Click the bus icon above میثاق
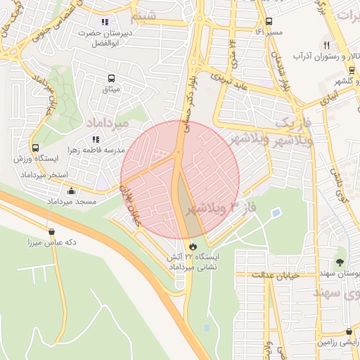111,78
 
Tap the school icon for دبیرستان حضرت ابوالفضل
105,22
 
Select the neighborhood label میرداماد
107,122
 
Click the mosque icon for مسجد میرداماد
71,191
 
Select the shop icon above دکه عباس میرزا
52,231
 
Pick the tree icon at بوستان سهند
340,262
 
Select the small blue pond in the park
276,212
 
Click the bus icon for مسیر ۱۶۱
269,21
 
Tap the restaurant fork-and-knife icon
327,44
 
